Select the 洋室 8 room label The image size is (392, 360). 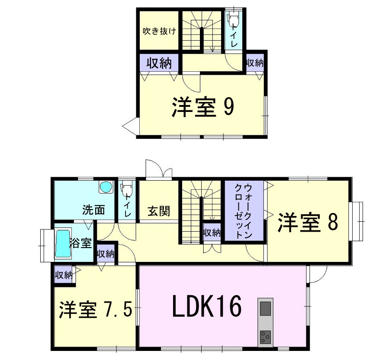point(307,222)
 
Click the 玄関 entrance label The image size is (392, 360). point(158,211)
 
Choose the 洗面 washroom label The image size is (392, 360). point(93,210)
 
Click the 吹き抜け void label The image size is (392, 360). point(159,31)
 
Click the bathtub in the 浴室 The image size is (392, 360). point(63,244)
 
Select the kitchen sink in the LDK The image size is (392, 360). point(265,309)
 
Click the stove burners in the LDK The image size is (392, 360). point(265,335)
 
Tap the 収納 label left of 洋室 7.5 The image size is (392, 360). point(63,275)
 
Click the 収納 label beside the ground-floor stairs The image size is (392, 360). point(212,233)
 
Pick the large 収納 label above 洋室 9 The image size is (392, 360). point(158,64)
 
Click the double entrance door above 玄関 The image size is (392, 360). point(158,170)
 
